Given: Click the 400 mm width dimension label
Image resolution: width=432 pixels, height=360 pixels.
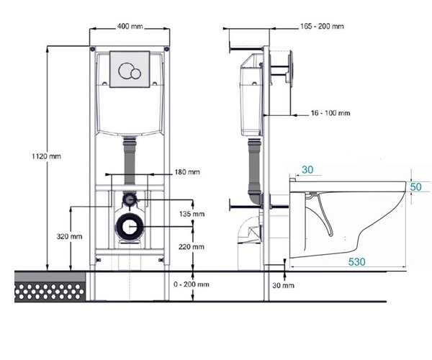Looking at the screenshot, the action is point(130,27).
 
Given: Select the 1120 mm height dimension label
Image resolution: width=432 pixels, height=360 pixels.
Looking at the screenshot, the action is point(46,156).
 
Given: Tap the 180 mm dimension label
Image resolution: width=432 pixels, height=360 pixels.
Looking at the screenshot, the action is point(187,172).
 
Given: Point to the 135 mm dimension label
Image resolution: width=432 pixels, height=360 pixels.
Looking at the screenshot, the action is point(192,214).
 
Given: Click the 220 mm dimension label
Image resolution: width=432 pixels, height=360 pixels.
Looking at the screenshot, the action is point(192,247).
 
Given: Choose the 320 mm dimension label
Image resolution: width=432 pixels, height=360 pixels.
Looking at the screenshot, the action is point(69,236).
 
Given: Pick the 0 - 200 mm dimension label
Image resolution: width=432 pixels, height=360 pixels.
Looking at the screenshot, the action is point(192,284).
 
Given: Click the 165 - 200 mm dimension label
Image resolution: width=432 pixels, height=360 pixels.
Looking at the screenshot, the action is point(322,27).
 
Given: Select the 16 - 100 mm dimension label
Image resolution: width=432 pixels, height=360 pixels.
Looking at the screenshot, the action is point(330,113).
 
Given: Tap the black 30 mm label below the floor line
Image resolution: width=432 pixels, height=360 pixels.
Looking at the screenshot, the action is point(283,286).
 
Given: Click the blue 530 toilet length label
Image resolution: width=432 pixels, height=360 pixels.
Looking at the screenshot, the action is point(357,261).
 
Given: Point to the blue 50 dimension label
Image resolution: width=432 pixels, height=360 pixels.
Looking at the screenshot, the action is point(415,187).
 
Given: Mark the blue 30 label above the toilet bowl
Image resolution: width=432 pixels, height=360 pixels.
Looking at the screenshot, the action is point(307,170).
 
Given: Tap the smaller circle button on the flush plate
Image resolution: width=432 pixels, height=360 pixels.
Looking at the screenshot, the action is point(136,73).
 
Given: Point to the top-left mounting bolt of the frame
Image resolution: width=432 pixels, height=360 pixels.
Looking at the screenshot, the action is point(93,49).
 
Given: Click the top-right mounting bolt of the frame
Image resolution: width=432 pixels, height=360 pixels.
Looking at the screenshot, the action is point(166,49).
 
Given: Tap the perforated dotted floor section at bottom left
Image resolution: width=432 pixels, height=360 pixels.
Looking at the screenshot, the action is point(50,291).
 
